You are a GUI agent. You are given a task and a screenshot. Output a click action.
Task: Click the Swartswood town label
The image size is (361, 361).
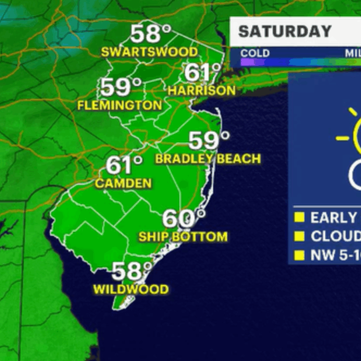[x=149, y=51]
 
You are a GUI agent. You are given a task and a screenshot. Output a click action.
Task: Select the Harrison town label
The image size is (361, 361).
[x=201, y=90]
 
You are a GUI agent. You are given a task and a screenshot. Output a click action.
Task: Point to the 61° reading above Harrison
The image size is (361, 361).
[x=202, y=72]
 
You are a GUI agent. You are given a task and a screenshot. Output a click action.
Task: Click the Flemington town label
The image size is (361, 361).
[x=119, y=105]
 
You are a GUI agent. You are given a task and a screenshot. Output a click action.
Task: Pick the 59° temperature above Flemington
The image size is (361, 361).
[x=120, y=87]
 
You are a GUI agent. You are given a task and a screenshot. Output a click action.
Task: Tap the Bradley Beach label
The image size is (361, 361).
[x=208, y=159]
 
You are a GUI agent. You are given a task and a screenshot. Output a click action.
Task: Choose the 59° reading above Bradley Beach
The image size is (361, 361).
[x=209, y=140]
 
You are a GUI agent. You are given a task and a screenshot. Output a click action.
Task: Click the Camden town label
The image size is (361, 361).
[x=123, y=183]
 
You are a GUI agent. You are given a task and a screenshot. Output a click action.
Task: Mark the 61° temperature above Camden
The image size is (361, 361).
[x=123, y=165]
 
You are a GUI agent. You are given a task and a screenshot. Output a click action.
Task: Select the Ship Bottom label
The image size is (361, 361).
[x=183, y=236]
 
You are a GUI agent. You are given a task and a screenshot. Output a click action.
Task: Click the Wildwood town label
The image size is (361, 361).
[x=131, y=289]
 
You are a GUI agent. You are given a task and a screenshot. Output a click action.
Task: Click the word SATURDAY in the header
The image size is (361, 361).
[x=285, y=31]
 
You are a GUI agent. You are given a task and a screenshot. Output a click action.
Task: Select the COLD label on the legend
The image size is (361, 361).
[x=255, y=53]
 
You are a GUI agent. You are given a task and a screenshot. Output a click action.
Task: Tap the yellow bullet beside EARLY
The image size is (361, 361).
[x=298, y=218]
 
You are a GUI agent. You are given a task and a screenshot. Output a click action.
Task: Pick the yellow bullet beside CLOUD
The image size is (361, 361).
[x=298, y=236]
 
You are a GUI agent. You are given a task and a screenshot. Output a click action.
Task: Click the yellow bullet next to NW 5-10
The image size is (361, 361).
[x=298, y=255]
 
